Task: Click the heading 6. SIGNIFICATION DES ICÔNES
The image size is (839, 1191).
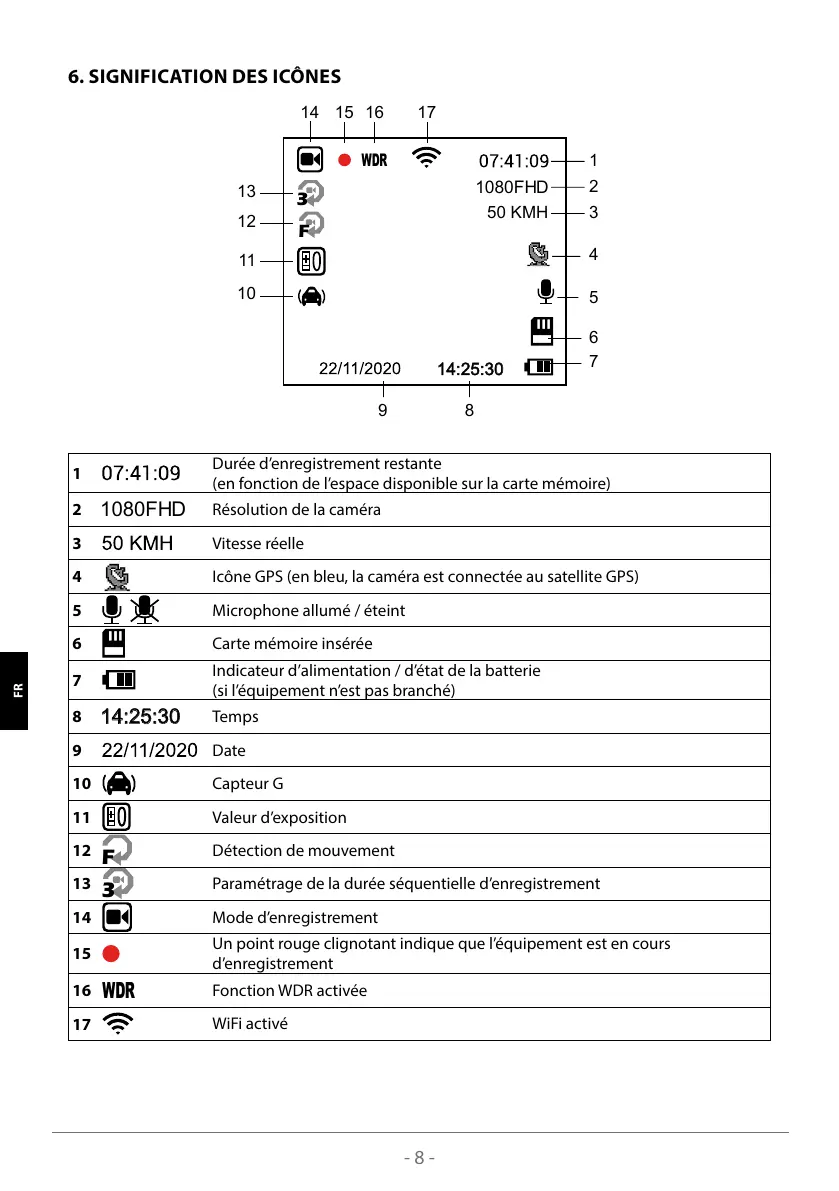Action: click(x=204, y=77)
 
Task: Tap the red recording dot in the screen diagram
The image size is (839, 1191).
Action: click(x=344, y=160)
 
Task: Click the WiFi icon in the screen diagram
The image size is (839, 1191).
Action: click(x=426, y=158)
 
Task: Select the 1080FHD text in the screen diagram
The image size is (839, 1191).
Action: click(x=511, y=187)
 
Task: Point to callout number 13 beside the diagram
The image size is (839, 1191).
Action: click(x=246, y=191)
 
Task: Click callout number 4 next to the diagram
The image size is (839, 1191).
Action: click(x=593, y=255)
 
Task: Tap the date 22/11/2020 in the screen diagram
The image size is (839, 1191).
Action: click(x=359, y=368)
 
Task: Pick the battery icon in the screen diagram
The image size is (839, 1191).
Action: click(x=539, y=367)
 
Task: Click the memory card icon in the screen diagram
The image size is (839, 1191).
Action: click(x=541, y=331)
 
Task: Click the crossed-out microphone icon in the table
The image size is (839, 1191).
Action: click(x=146, y=610)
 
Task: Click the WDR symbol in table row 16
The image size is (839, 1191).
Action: click(x=118, y=991)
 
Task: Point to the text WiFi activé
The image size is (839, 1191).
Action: click(x=250, y=1024)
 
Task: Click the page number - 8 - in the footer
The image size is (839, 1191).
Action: click(x=420, y=1158)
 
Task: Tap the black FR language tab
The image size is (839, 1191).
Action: click(x=17, y=690)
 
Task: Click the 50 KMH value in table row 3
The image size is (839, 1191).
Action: click(x=137, y=544)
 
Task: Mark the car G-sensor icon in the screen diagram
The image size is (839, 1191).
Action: click(x=311, y=295)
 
